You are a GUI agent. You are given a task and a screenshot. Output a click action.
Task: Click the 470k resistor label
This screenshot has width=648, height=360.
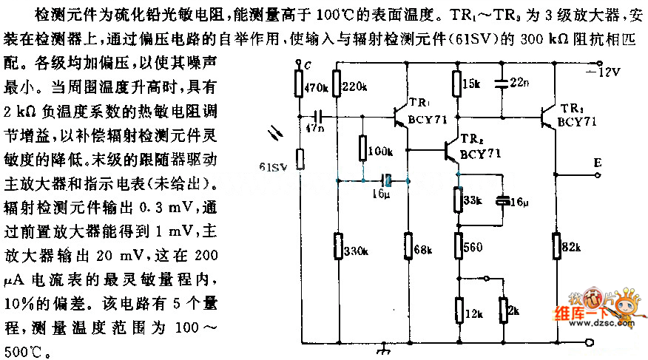316,87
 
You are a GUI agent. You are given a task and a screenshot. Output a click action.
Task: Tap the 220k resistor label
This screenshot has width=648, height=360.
356,86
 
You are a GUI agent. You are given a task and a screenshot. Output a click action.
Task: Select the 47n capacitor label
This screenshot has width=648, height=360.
315,129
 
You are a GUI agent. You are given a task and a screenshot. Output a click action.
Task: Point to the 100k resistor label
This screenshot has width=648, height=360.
381,152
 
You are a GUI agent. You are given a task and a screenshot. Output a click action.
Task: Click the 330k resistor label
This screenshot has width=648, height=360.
355,251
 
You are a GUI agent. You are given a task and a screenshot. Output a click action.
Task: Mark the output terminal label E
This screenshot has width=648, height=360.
597,161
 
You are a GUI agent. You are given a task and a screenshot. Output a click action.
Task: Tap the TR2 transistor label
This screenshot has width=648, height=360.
470,140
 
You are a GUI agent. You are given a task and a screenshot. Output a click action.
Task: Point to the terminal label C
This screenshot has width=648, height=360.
306,65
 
